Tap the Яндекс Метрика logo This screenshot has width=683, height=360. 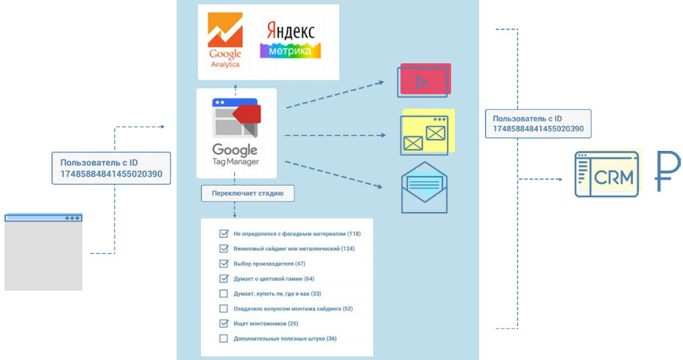tap(291, 40)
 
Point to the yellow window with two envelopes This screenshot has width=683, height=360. tap(426, 133)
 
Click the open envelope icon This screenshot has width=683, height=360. tap(424, 188)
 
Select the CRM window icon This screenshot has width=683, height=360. tap(606, 174)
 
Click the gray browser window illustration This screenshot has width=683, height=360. tap(43, 253)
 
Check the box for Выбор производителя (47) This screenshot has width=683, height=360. tap(224, 264)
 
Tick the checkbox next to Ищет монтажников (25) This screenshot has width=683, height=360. tap(224, 323)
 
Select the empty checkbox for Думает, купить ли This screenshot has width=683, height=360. tap(224, 294)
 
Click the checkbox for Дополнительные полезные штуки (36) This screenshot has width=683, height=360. tap(224, 339)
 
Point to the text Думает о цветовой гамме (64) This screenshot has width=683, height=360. tap(273, 279)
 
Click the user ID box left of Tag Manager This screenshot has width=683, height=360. tap(111, 168)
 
